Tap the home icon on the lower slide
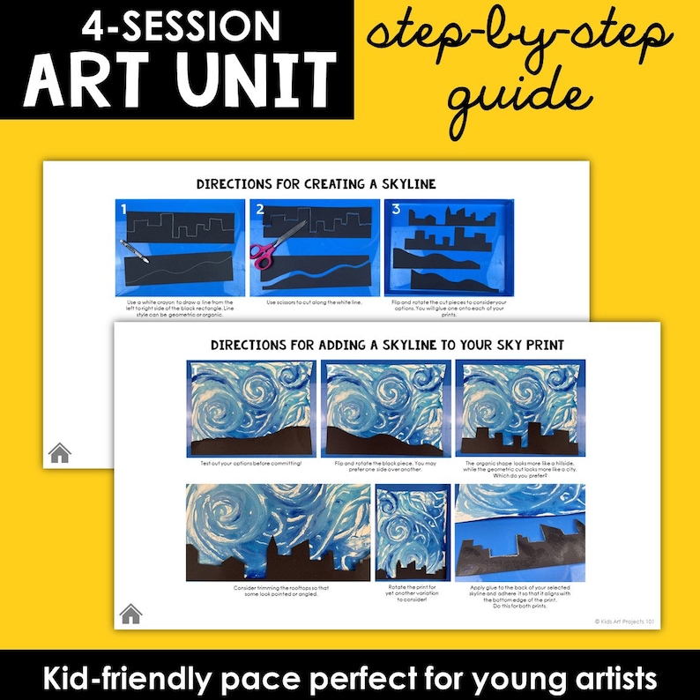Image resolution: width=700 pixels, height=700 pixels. (130, 614)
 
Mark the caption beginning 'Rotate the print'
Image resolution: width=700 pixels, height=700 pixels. (412, 592)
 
